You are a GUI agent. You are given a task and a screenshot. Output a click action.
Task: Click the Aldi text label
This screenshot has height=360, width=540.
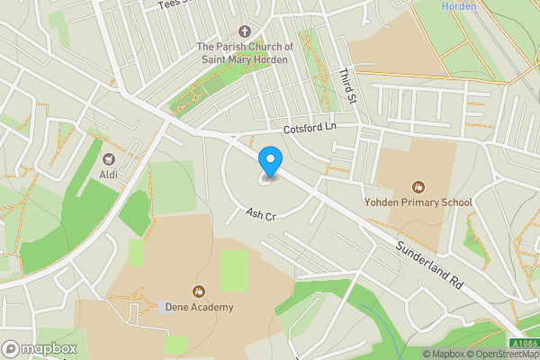point(109,174)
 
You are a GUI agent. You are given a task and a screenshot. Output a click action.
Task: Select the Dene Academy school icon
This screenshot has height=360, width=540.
point(198,291)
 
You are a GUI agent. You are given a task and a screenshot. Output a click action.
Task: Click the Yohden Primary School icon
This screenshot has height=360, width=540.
point(418,186)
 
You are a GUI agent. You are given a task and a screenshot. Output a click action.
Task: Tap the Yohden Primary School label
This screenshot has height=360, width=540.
point(418,202)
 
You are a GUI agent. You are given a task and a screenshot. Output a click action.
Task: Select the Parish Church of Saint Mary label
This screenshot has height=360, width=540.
point(245,53)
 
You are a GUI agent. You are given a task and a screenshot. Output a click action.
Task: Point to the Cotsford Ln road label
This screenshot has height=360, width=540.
point(309,129)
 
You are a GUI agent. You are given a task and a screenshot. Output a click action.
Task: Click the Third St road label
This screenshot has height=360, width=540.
point(349,85)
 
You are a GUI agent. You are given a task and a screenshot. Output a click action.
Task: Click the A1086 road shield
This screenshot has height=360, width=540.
point(525,343)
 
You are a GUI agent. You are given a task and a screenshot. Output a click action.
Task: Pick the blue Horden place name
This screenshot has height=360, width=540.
point(459,6)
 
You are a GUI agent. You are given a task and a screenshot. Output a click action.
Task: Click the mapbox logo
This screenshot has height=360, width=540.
point(40,348)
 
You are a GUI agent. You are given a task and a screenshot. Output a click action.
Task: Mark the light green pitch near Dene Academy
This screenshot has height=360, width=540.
point(234,269)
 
